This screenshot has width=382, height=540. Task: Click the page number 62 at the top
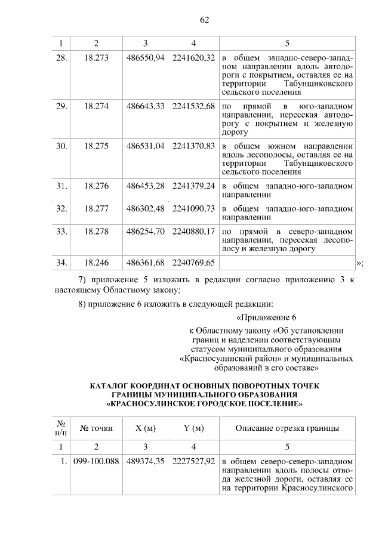204,20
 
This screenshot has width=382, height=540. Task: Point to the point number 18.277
97,209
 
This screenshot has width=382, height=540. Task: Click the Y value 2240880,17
193,231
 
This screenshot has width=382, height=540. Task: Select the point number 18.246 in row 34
97,263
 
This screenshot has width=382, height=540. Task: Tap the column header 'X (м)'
146,428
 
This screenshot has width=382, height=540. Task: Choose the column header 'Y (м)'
193,428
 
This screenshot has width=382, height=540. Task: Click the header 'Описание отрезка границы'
287,428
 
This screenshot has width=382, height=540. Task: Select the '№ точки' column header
97,428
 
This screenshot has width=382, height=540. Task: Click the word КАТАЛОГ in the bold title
110,386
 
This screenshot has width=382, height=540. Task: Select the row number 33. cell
60,231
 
